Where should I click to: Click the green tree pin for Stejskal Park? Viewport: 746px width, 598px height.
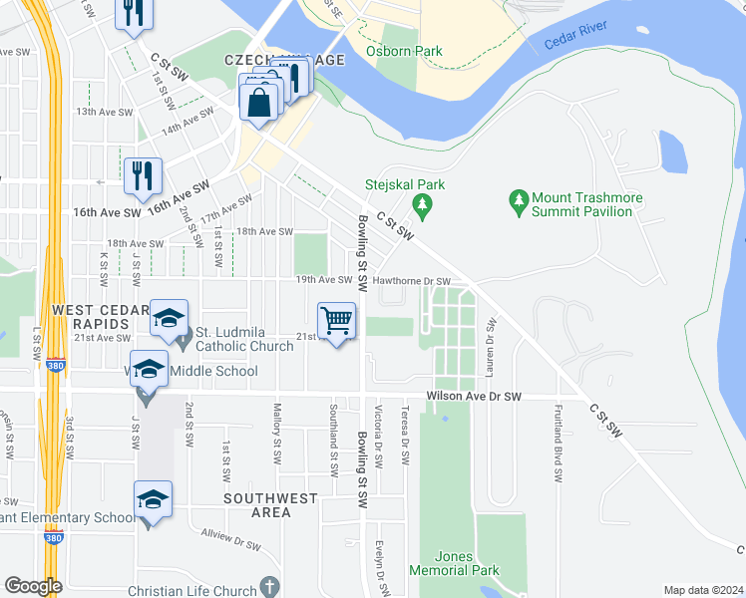coord(422,204)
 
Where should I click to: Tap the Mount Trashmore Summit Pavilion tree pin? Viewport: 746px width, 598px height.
coord(518,202)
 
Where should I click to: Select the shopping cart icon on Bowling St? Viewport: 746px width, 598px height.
coord(337,321)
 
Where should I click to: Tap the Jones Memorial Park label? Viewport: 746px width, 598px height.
coord(454,563)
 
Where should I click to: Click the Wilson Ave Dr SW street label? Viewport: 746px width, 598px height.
coord(474,397)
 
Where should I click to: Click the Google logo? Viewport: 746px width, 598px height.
coord(33,585)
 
